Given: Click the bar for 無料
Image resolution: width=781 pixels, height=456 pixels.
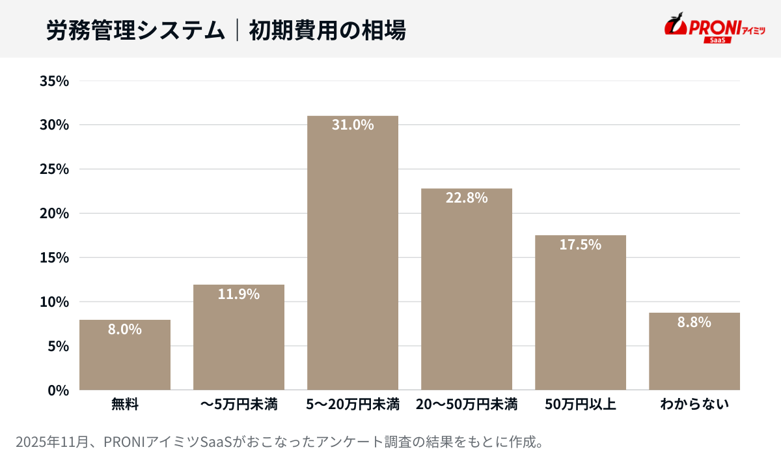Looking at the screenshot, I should point(125,358).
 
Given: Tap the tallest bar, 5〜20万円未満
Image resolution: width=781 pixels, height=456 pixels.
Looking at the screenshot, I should point(353,261).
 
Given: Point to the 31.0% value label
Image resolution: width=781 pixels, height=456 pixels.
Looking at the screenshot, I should point(353,125).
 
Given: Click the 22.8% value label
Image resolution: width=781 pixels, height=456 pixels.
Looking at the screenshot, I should point(467,197).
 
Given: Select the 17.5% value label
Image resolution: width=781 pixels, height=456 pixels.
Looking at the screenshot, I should point(581,245).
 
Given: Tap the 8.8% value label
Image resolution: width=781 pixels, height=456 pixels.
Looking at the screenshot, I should point(694,322).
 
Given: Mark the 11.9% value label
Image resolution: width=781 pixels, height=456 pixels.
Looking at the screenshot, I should point(239,294).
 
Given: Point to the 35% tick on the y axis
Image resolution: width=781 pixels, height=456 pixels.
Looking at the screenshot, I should point(54,81).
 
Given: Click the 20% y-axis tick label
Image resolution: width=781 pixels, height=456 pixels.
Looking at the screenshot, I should point(54,214).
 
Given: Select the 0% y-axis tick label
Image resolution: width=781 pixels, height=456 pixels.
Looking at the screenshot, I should point(59,390).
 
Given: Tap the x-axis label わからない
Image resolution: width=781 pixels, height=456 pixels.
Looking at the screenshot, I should point(694,405).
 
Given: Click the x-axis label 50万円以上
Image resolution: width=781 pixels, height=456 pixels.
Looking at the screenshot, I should point(581,405).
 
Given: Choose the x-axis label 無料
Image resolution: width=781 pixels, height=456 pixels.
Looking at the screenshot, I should point(125,405).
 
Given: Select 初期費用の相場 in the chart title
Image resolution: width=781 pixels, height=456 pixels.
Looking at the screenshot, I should point(327,30).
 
